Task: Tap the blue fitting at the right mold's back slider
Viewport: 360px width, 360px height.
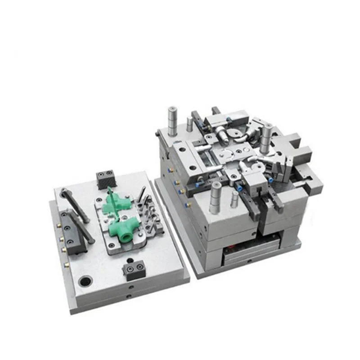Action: click(x=229, y=119)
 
